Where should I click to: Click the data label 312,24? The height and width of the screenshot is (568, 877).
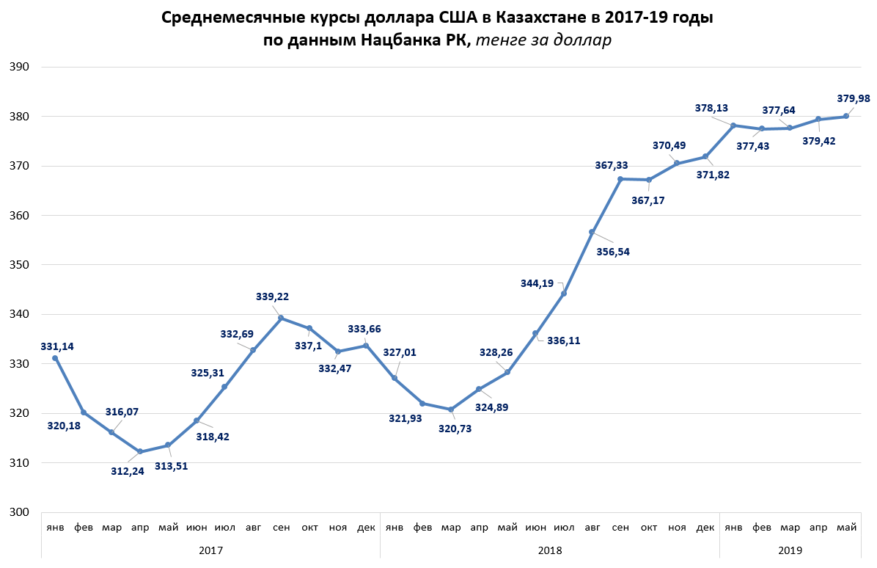127,471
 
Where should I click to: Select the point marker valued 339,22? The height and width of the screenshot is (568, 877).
281,318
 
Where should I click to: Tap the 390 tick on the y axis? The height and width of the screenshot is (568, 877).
19,67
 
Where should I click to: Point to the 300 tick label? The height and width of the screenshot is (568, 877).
19,512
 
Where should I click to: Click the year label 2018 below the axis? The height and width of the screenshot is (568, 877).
549,549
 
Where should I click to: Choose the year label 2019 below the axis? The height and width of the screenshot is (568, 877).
790,549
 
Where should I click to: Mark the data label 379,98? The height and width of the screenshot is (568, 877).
853,98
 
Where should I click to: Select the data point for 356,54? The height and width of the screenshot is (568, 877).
592,232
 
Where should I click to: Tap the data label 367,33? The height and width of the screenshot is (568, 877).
612,166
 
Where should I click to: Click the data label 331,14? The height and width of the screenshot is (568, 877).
57,346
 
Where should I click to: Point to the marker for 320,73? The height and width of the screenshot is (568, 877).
451,409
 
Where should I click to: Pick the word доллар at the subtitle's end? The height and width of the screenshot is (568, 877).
581,40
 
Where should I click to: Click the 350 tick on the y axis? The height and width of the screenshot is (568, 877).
19,265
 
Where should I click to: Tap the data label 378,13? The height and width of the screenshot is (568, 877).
711,108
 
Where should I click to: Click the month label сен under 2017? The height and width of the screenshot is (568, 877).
281,528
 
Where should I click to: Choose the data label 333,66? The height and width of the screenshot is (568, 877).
364,329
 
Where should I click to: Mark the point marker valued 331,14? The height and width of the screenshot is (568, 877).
55,358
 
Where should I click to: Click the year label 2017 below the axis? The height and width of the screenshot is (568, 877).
210,549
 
